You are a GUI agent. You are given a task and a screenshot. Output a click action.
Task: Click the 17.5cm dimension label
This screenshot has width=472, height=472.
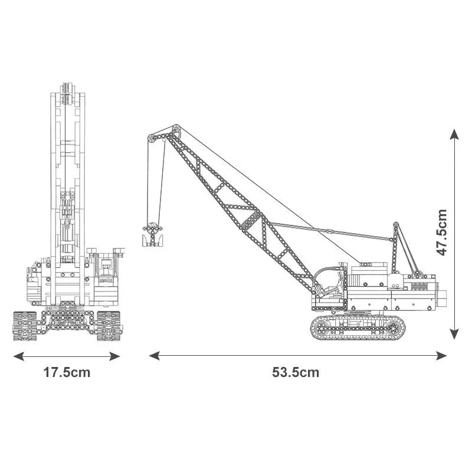point(67,372)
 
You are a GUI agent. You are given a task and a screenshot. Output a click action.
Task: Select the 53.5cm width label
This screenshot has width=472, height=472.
point(296,372)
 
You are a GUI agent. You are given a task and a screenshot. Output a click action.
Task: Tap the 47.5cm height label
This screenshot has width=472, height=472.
point(442,232)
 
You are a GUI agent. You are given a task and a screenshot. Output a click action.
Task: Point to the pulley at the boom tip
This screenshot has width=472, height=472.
point(176,130)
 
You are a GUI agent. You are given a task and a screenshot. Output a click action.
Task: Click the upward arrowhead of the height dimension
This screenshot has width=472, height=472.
point(454,135)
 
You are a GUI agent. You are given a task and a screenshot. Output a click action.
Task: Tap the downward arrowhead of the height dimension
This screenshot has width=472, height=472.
point(454,334)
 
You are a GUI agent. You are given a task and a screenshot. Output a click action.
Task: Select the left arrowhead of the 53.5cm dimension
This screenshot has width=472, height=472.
point(155,356)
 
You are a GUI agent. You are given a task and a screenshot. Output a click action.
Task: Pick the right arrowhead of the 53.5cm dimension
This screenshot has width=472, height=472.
point(441,356)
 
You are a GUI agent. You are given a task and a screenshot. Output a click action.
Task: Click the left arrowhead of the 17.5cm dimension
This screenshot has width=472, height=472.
point(19,356)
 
